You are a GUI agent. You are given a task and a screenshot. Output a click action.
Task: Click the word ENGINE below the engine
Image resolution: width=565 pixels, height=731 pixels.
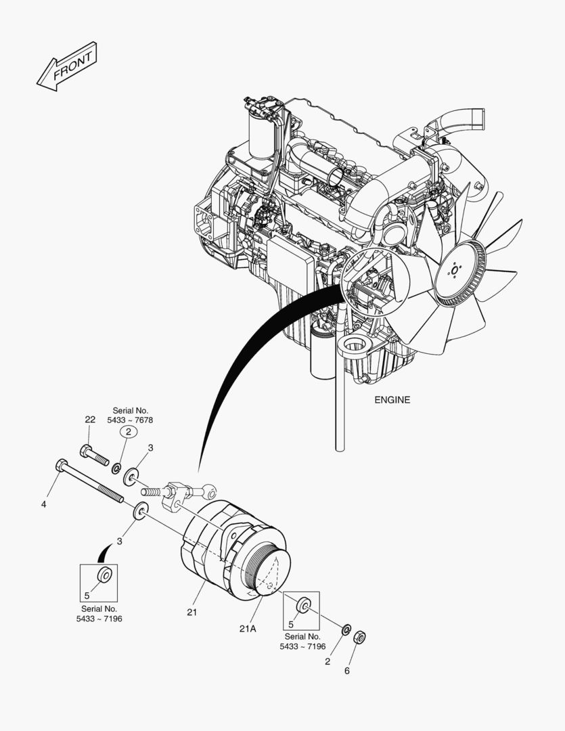pos(392,400)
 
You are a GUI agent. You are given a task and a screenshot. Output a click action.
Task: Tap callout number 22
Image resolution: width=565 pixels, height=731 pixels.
pos(90,420)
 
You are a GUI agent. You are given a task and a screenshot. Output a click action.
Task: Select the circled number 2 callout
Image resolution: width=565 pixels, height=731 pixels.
pos(129,431)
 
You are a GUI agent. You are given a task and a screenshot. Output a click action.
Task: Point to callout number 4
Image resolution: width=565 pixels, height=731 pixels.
pos(43,504)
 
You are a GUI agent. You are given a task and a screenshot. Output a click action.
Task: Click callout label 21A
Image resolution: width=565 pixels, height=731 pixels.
pos(248,628)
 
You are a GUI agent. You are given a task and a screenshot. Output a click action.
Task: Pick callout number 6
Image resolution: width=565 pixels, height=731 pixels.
pos(347,671)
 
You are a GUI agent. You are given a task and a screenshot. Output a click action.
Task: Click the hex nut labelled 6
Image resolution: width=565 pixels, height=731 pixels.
pos(361,637)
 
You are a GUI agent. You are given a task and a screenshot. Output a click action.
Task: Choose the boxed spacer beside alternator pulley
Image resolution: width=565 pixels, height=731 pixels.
pos(304,604)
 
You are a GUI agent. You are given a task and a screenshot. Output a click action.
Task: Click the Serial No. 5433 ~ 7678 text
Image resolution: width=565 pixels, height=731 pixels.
pos(129,416)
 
